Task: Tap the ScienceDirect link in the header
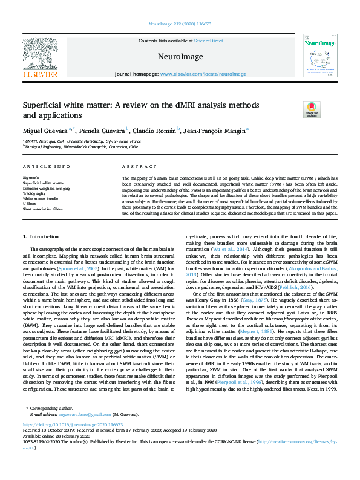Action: [x=209, y=40]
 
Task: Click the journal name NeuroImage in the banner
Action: [x=179, y=56]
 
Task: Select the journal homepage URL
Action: [x=203, y=74]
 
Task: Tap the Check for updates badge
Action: [x=295, y=109]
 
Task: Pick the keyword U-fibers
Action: [x=30, y=204]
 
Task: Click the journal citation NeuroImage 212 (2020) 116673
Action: [x=179, y=6]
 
